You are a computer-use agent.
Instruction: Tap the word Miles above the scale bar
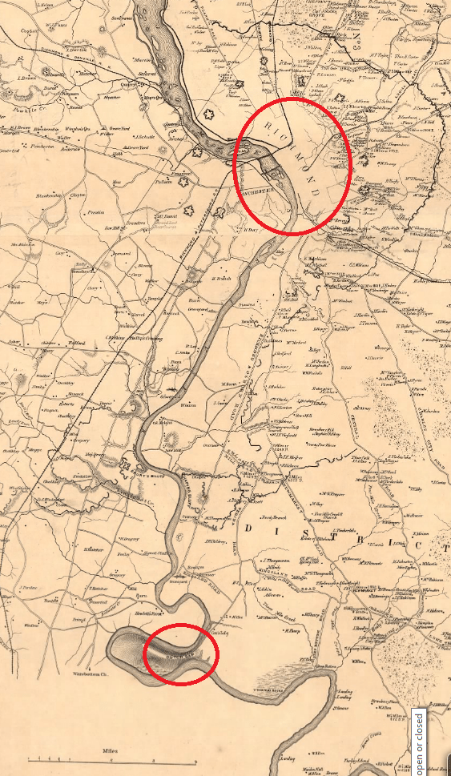pos(112,750)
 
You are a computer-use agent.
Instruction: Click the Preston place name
pos(96,212)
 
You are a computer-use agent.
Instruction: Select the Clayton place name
pos(78,195)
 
